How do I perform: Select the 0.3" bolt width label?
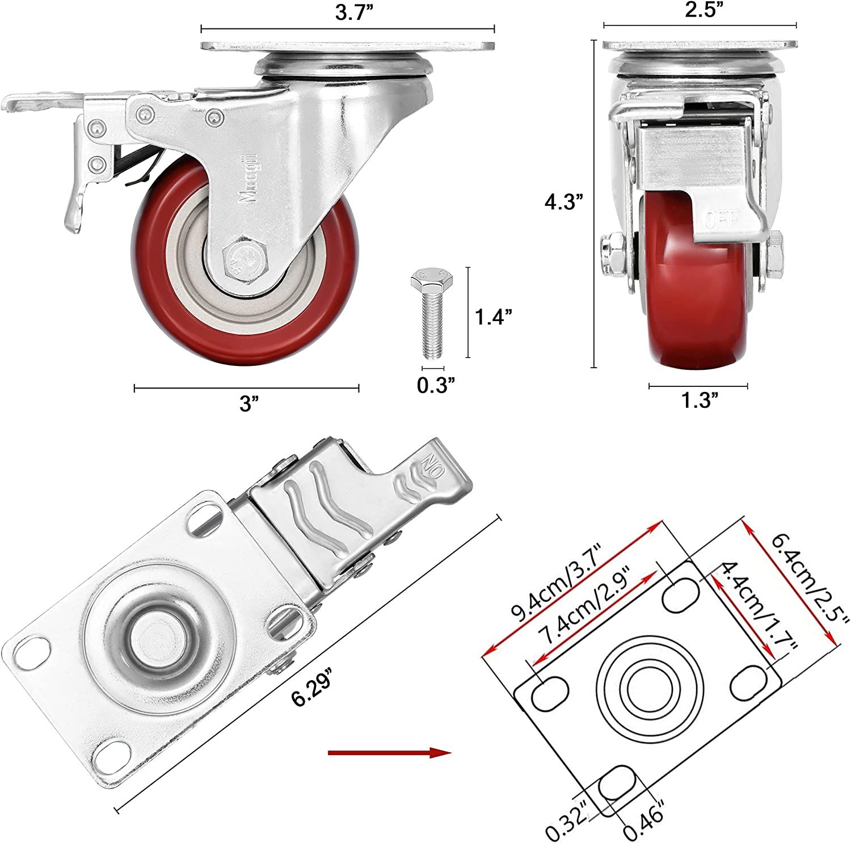[436, 385]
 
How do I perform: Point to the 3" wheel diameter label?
[248, 404]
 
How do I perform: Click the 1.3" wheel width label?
[700, 401]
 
